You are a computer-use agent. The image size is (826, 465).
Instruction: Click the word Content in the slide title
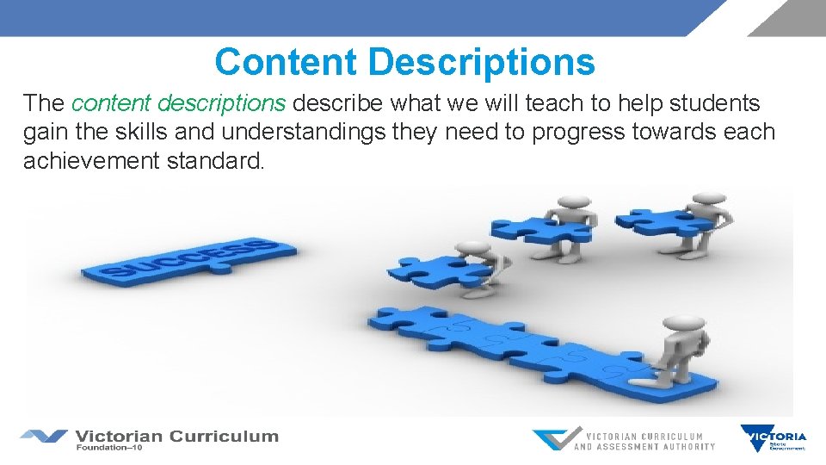pyautogui.click(x=287, y=62)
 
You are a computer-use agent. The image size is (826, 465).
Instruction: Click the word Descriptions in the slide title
pyautogui.click(x=481, y=62)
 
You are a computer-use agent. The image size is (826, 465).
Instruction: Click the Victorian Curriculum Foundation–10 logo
pyautogui.click(x=151, y=439)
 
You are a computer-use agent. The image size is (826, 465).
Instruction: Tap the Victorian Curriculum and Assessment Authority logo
pyautogui.click(x=624, y=440)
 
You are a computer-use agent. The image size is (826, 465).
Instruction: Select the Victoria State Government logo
pyautogui.click(x=774, y=438)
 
